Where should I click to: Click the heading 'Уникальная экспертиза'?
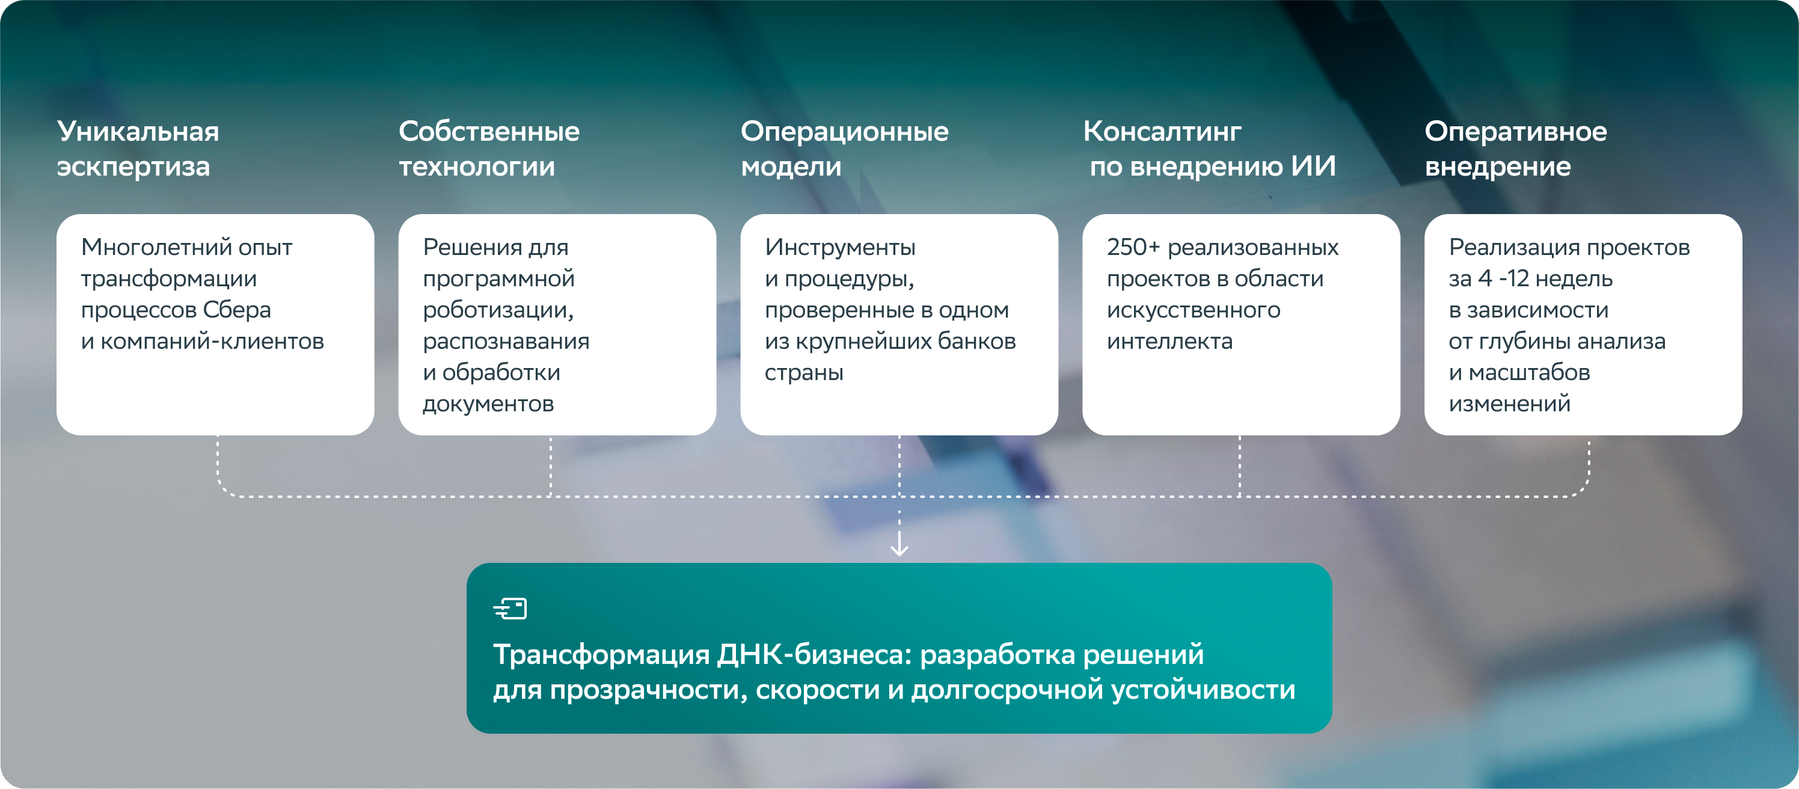[x=138, y=149]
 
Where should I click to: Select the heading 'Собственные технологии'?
[x=489, y=149]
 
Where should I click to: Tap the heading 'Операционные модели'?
[x=844, y=149]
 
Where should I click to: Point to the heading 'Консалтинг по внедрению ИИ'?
[x=1210, y=149]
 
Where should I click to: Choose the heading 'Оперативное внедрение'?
[x=1515, y=149]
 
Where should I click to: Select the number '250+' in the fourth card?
[x=1133, y=247]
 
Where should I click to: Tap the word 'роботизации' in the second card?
[x=498, y=310]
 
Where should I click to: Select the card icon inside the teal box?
[x=510, y=608]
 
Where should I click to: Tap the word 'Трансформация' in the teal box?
[x=601, y=655]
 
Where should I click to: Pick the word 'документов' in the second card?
[x=488, y=404]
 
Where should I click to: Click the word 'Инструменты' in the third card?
[x=840, y=247]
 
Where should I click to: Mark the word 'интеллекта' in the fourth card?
[x=1169, y=341]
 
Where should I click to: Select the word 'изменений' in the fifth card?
[x=1509, y=404]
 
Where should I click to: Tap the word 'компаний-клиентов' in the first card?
[x=212, y=341]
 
